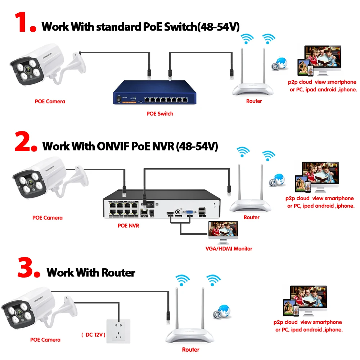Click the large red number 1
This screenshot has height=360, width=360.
coord(22,23)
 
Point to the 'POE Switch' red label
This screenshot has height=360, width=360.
coord(159,114)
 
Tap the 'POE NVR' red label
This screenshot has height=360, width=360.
coord(128,226)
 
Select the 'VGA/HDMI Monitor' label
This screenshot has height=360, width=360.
coord(229,248)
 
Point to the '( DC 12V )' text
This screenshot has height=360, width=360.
coord(93,335)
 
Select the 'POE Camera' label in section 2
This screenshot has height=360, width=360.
coord(47,217)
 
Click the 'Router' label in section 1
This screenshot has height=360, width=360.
coord(254,101)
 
